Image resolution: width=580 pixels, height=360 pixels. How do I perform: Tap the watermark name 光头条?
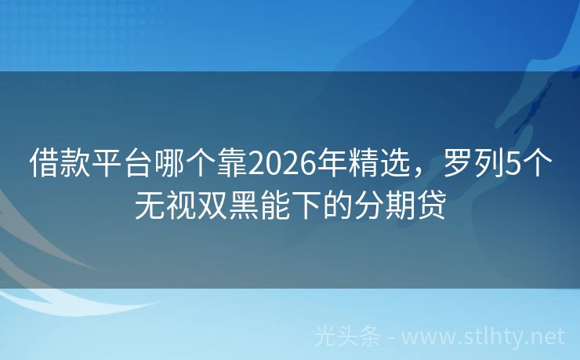[x=347, y=336]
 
